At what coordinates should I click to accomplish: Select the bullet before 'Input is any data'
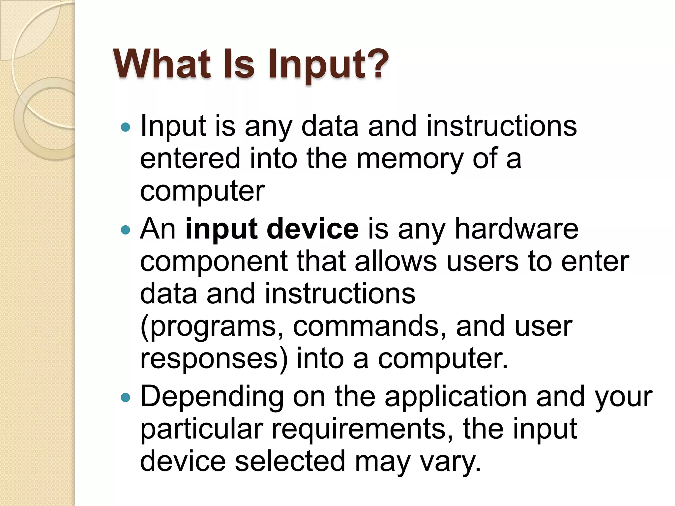tap(126, 127)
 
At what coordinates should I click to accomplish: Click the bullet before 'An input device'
tap(126, 230)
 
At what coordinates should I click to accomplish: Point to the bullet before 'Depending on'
tap(126, 398)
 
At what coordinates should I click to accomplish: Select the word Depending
tap(212, 398)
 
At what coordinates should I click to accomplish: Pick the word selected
tap(290, 461)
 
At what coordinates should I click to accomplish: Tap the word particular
tap(201, 430)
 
